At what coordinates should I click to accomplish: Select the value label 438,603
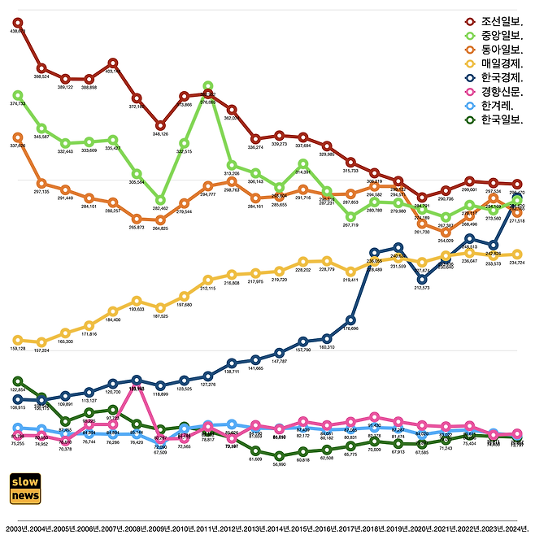[18, 31]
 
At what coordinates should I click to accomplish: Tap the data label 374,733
[18, 104]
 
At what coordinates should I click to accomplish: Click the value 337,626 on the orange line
[18, 146]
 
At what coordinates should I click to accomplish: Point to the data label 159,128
[18, 349]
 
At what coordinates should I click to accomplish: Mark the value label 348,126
[161, 134]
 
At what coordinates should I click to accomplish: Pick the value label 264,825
[161, 228]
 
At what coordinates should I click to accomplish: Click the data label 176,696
[350, 328]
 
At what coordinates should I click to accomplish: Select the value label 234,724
[517, 263]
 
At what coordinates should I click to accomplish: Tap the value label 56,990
[279, 464]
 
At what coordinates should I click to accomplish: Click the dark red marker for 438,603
[18, 22]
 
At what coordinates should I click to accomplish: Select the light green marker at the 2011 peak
[208, 86]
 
